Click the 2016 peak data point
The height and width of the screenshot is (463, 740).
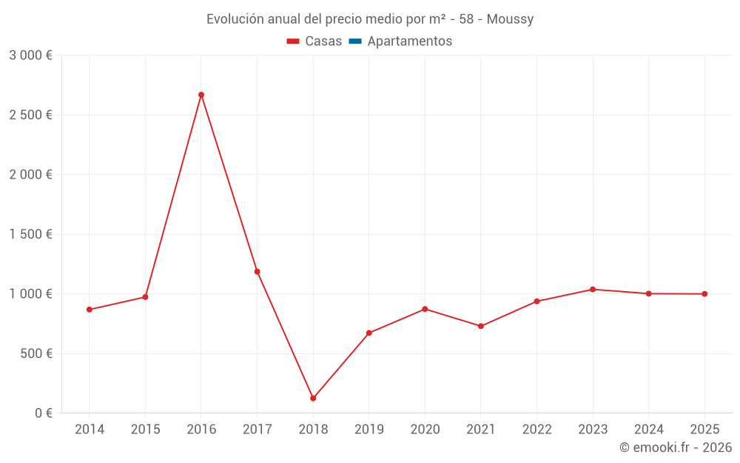[x=201, y=95]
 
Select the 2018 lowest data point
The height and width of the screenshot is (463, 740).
[x=313, y=399]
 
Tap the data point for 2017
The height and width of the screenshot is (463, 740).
[x=258, y=272]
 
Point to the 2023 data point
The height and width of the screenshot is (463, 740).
[x=593, y=290]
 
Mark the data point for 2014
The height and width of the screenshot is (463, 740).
[x=90, y=310]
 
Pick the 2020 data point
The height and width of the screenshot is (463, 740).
[x=425, y=309]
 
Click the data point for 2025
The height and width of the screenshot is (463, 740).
[x=704, y=294]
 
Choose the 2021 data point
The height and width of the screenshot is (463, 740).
[x=481, y=326]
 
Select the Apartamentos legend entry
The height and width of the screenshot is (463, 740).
[x=409, y=41]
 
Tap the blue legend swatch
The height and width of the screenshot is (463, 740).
[x=354, y=41]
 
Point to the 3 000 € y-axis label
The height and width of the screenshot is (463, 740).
[x=30, y=56]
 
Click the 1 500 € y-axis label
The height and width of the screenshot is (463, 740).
[x=30, y=234]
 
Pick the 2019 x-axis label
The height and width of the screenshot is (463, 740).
[x=369, y=430]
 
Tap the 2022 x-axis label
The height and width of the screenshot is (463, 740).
[x=537, y=430]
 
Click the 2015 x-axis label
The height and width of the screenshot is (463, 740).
[x=145, y=430]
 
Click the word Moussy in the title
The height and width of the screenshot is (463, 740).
[x=510, y=19]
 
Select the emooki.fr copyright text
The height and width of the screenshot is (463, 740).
[x=676, y=447]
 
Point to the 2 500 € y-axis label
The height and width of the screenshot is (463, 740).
[x=30, y=115]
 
